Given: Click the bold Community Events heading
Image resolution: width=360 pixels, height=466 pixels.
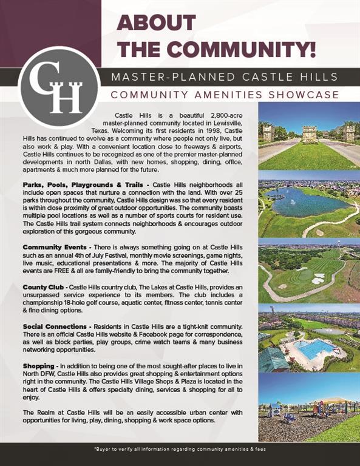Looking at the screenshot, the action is [x=55, y=248].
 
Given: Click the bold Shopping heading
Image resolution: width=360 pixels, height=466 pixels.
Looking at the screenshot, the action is [x=39, y=366].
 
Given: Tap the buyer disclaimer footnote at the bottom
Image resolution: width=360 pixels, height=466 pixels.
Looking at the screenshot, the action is [x=180, y=449].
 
